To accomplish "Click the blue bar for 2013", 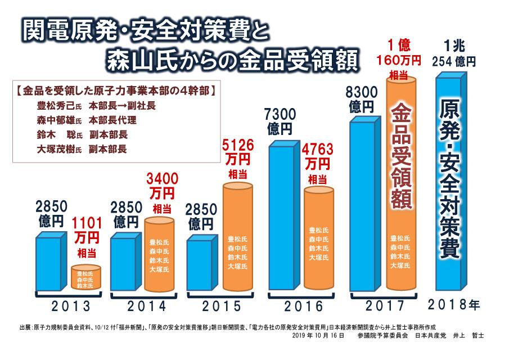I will pyautogui.click(x=52, y=262).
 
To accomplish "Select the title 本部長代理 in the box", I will pyautogui.click(x=112, y=120).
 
